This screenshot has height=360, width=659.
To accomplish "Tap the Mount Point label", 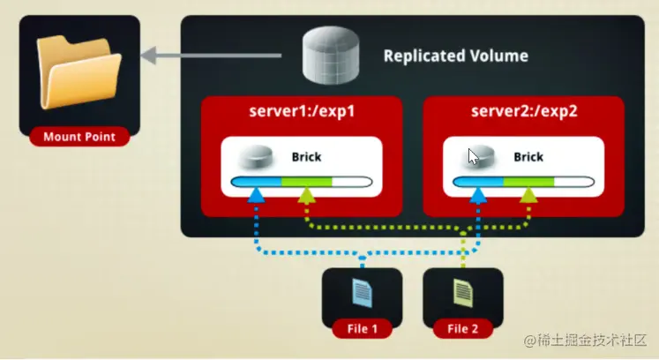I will click(80, 137).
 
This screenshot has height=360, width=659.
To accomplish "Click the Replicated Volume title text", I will click(455, 56).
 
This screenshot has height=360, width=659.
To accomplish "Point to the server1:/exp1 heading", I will click(302, 112).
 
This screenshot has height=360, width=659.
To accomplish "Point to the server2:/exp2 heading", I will click(523, 112).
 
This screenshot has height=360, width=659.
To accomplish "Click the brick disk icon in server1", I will click(258, 158).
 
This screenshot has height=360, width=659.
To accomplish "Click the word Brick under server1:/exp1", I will click(306, 157).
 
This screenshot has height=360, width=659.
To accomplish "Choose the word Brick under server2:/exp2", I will click(528, 157).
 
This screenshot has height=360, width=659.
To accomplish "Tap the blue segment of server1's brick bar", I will click(257, 183).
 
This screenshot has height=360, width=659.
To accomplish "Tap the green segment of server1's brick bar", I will click(306, 183).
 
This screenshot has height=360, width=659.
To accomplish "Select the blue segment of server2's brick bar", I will click(478, 183).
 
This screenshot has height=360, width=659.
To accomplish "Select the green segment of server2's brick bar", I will click(528, 183).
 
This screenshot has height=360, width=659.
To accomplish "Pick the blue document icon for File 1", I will click(362, 292).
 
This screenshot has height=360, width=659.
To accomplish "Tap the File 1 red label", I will click(362, 329).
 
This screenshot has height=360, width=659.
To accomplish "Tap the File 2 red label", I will click(463, 329).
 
